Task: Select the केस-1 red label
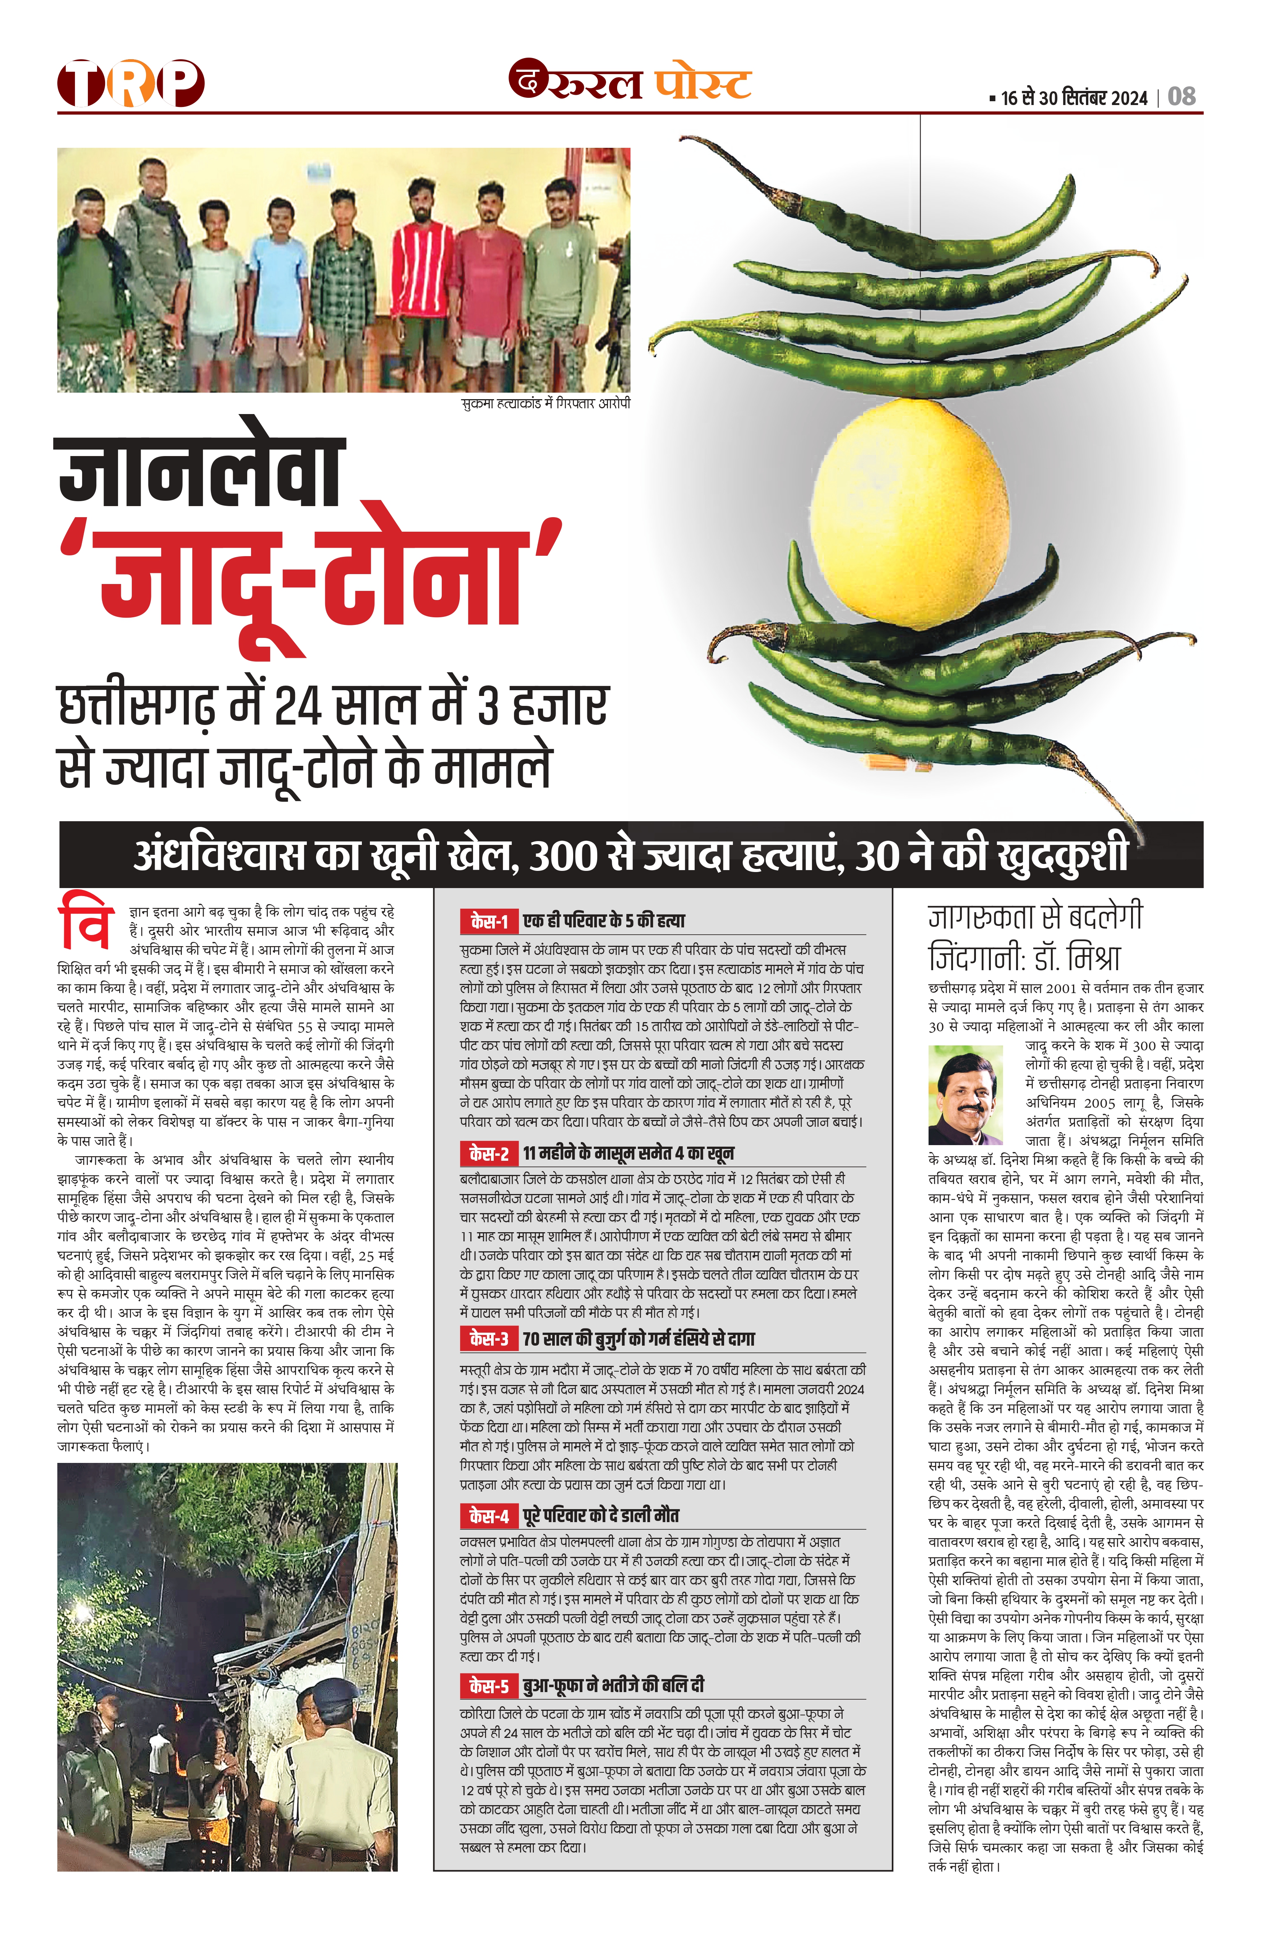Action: tap(489, 922)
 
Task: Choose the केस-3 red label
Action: tap(489, 1339)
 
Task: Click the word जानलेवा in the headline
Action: tap(201, 475)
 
